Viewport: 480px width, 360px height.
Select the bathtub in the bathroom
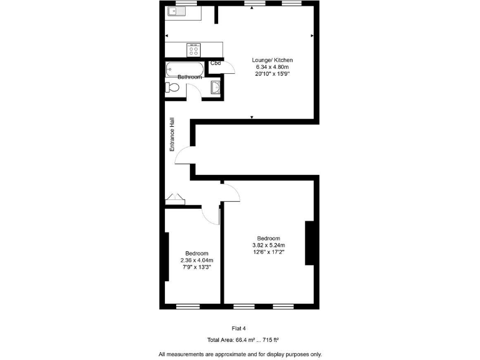(184, 68)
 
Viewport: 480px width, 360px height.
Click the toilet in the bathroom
(172, 89)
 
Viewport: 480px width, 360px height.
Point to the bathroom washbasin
(216, 88)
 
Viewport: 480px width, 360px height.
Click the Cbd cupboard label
(215, 63)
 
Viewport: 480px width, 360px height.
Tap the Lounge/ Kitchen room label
(272, 60)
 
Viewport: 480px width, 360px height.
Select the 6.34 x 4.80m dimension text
(272, 67)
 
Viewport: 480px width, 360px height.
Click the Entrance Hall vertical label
(172, 135)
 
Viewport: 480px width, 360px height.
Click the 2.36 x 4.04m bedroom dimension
(196, 261)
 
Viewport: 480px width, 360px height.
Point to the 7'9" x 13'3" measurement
(196, 267)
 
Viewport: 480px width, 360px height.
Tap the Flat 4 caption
(240, 328)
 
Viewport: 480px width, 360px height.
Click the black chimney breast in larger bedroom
(308, 243)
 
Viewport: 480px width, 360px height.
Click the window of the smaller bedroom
(187, 307)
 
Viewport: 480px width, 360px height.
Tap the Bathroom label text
(189, 77)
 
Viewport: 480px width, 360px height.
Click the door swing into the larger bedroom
(231, 194)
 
